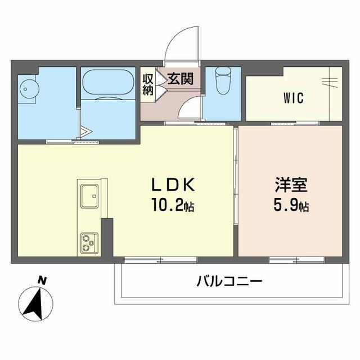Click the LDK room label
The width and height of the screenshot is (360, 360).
tap(173, 185)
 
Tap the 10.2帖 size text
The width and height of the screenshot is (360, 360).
tap(172, 206)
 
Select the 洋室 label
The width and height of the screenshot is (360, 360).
tap(291, 185)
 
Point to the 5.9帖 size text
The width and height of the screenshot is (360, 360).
tap(291, 206)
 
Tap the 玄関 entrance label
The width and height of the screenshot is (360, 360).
tap(180, 78)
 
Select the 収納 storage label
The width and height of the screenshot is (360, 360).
tap(148, 84)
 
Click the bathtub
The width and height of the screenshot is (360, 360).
tap(108, 83)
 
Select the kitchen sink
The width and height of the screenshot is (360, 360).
tap(89, 195)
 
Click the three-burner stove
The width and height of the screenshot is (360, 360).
tap(88, 242)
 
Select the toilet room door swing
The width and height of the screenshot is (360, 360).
tap(190, 108)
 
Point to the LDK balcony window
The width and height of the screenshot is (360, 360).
tap(160, 260)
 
